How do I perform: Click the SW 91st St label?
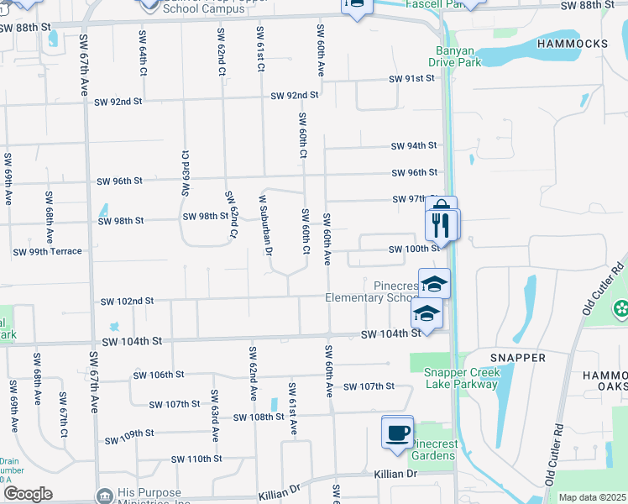[x=411, y=78]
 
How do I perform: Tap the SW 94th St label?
[x=414, y=145]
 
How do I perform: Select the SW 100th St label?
[x=414, y=249]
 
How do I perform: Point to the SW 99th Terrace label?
[x=47, y=251]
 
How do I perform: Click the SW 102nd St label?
[x=127, y=301]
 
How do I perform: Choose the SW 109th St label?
[x=128, y=440]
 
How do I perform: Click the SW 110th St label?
[x=196, y=459]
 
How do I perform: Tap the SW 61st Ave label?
[x=292, y=408]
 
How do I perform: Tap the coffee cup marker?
[x=398, y=433]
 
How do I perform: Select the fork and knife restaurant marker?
[x=442, y=223]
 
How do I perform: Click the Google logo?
[x=27, y=494]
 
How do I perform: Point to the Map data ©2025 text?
[x=592, y=497]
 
